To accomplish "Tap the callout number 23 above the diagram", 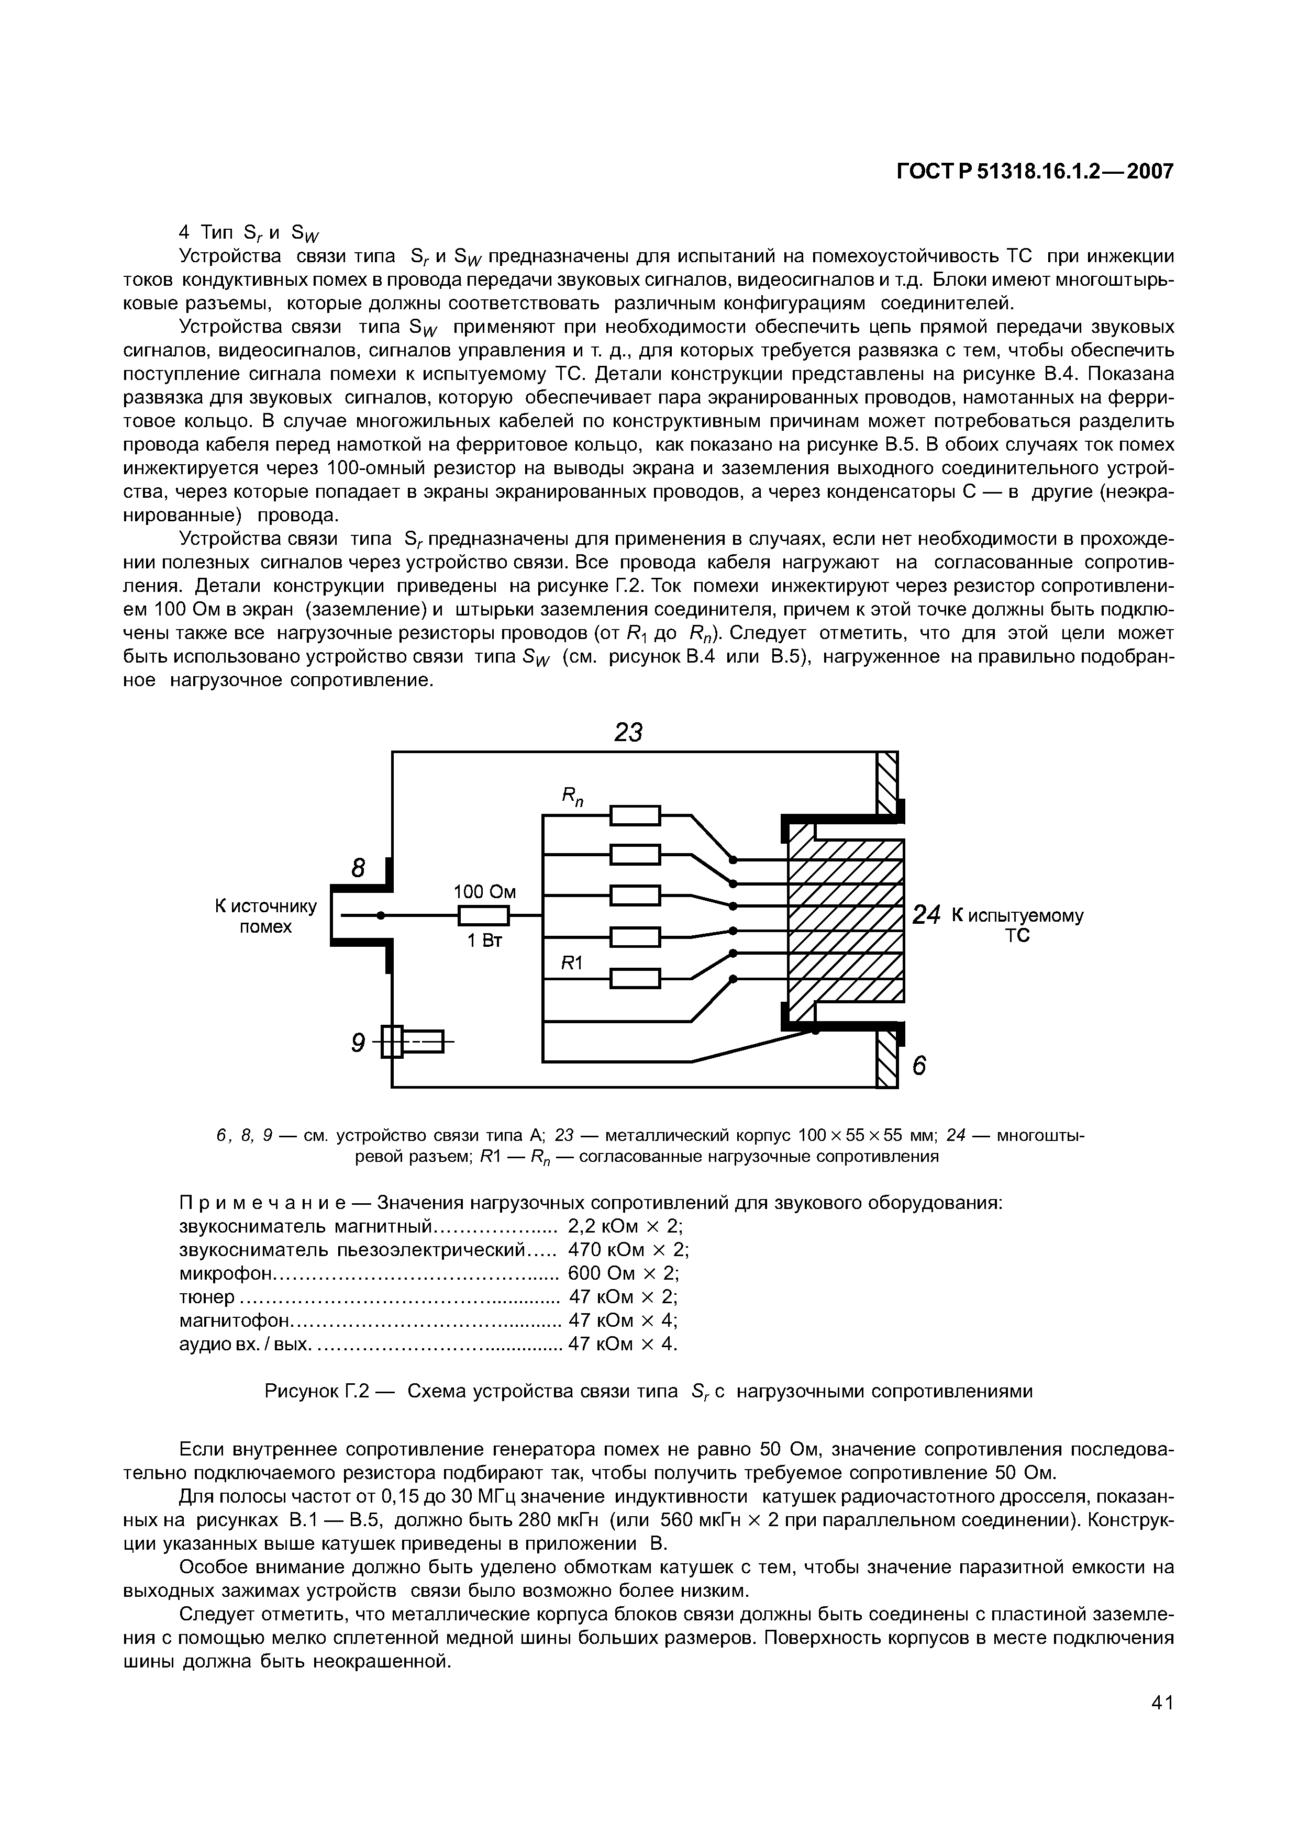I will [x=629, y=732].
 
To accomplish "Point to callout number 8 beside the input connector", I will [x=358, y=868].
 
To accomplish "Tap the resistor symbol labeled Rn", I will [x=635, y=815].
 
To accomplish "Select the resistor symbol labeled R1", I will [x=635, y=979].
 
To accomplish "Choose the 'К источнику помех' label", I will [x=265, y=916].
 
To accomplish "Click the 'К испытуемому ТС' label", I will [x=1016, y=925].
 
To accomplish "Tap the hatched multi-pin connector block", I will [x=845, y=920].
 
